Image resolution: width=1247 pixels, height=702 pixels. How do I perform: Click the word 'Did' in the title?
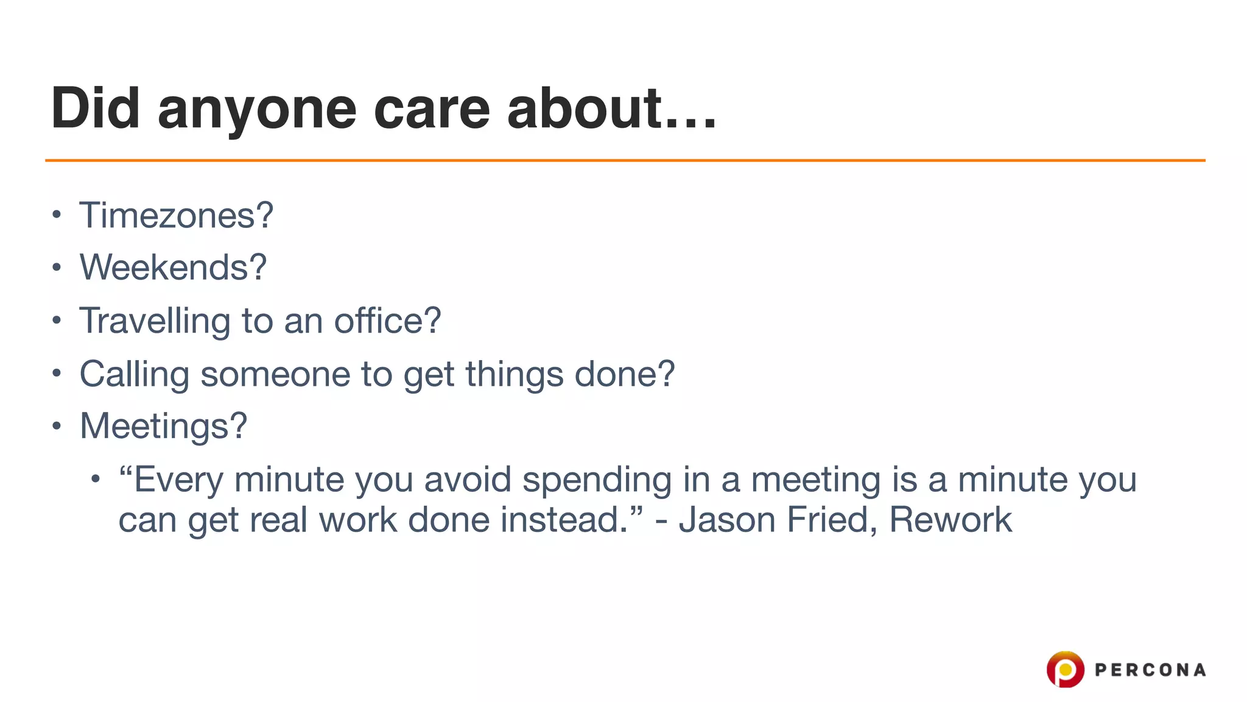pyautogui.click(x=96, y=108)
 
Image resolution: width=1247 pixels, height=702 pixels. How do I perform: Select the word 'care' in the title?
pyautogui.click(x=431, y=110)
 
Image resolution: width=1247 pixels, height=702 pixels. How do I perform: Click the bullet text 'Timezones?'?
pyautogui.click(x=176, y=215)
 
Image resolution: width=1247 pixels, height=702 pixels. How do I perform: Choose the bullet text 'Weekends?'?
pyautogui.click(x=173, y=267)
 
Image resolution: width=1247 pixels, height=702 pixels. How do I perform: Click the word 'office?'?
pyautogui.click(x=387, y=321)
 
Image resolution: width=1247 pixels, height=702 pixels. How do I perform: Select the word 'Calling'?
pyautogui.click(x=134, y=374)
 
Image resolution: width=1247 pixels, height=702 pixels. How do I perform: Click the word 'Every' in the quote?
pyautogui.click(x=178, y=480)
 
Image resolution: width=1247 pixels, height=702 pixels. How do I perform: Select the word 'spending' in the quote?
pyautogui.click(x=597, y=480)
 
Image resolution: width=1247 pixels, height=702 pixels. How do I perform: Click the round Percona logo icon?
pyautogui.click(x=1065, y=670)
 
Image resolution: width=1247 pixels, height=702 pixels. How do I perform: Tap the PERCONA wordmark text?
pyautogui.click(x=1150, y=670)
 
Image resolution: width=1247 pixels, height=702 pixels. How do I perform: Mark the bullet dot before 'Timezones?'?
pyautogui.click(x=57, y=214)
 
